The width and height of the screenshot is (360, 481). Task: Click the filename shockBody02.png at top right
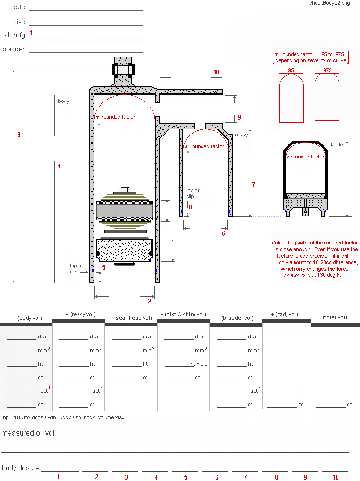(329, 3)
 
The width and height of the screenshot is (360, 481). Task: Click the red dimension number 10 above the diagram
(216, 72)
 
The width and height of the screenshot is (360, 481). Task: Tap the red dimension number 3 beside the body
(19, 135)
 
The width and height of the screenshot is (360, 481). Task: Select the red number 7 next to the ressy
(253, 185)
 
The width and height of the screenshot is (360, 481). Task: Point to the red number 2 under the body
(150, 301)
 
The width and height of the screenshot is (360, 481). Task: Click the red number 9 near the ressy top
(239, 117)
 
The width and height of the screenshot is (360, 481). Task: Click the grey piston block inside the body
(125, 211)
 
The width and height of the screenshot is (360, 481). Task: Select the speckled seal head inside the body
(125, 250)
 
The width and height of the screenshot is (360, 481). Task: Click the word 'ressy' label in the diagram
(241, 135)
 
